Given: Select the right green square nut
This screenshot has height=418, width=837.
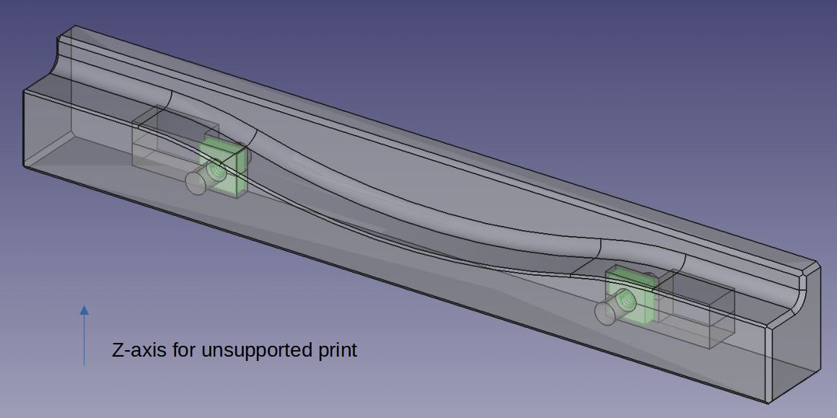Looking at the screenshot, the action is click(x=629, y=295).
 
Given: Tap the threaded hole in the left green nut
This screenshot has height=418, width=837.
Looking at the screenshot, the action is click(x=216, y=170).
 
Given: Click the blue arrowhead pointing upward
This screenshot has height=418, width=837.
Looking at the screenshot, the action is click(x=84, y=310).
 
